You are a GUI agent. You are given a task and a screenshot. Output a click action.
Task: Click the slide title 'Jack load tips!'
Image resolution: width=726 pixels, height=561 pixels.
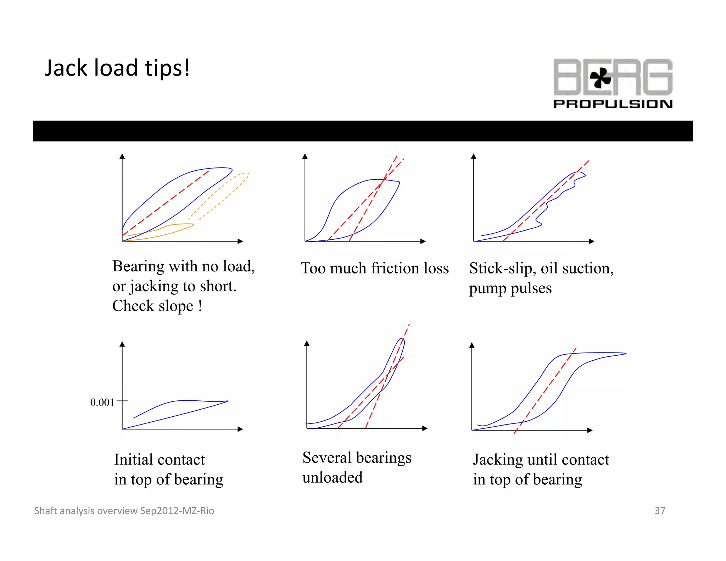click(117, 68)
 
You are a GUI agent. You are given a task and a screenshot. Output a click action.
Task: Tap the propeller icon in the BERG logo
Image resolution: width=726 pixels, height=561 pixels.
click(600, 78)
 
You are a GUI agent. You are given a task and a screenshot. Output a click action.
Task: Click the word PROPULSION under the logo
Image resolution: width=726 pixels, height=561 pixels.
click(613, 104)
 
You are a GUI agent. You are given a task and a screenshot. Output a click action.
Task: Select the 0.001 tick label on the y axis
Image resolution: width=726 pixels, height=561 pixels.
click(102, 402)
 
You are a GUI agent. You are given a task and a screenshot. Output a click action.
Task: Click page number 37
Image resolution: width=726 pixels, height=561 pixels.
click(660, 511)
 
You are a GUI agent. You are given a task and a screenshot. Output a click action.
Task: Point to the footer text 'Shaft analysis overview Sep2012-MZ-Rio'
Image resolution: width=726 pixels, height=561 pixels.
click(124, 511)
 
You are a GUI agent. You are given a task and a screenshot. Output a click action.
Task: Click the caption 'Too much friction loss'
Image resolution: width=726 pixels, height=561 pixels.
click(375, 268)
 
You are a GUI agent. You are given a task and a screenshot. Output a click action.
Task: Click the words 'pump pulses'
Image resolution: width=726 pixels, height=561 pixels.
click(510, 288)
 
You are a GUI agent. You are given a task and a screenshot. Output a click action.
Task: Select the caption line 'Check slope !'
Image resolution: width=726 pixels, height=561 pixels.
click(157, 306)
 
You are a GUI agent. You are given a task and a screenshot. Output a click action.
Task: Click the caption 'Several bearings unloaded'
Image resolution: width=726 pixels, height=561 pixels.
click(357, 467)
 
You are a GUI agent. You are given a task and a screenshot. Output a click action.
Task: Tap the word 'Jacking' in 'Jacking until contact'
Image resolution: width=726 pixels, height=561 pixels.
click(498, 460)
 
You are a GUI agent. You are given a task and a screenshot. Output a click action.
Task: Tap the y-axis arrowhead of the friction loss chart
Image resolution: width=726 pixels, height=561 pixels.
click(305, 156)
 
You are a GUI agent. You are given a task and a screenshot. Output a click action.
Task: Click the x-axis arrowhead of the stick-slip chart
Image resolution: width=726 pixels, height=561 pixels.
click(592, 241)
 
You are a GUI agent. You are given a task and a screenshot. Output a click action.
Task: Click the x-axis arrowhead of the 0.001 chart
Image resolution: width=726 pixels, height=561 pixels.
click(240, 429)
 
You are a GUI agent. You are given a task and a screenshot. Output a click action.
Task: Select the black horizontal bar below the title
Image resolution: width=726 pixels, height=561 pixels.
click(363, 131)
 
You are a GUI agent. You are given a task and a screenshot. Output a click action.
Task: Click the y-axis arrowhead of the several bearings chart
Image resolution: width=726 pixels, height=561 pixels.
click(307, 343)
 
